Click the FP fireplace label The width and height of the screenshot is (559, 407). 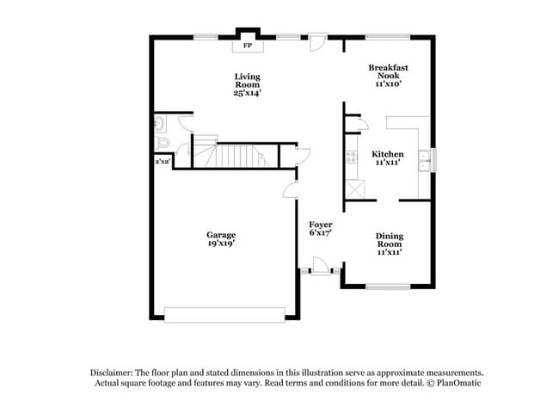coord(248,45)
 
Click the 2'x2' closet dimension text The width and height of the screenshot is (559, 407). coord(161,161)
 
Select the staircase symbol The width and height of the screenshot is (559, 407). coord(234,156)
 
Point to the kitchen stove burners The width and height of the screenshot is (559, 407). coord(351,157)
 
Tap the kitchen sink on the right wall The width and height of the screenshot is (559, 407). coord(424,158)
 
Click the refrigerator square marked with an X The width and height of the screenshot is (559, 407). coord(353,189)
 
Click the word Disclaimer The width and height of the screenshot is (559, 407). coord(113,372)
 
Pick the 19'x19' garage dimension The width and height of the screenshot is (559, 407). coord(221,244)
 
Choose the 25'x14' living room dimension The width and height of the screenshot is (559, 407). coord(248,93)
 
